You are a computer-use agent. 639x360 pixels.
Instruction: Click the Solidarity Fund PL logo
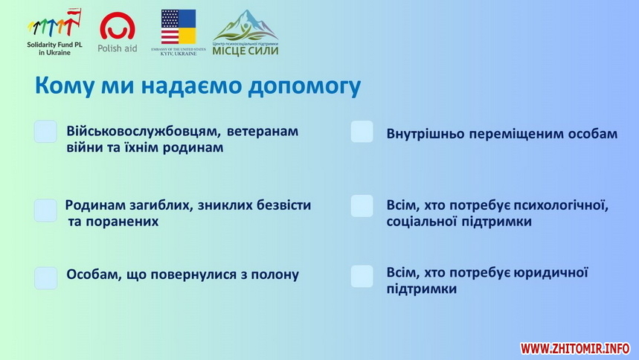click(54, 32)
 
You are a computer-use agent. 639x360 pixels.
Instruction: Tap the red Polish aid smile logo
click(118, 26)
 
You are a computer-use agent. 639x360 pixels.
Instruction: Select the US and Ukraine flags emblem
click(179, 27)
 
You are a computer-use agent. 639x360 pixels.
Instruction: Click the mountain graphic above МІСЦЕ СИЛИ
click(245, 25)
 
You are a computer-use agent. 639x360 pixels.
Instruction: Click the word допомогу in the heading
click(304, 86)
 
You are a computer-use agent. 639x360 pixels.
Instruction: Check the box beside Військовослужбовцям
click(45, 132)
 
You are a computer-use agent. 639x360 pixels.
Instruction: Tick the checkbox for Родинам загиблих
click(45, 210)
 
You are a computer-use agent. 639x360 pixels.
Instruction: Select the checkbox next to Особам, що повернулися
click(45, 278)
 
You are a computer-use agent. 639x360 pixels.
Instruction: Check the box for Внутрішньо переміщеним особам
click(362, 132)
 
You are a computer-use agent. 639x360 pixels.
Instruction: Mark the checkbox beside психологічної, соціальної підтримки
click(362, 206)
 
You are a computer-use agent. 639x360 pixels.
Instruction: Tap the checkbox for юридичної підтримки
click(362, 277)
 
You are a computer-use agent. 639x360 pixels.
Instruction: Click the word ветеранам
click(263, 131)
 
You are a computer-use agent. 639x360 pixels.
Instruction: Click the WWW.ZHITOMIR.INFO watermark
click(575, 349)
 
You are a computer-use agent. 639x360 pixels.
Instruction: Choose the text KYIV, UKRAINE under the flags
click(179, 54)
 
